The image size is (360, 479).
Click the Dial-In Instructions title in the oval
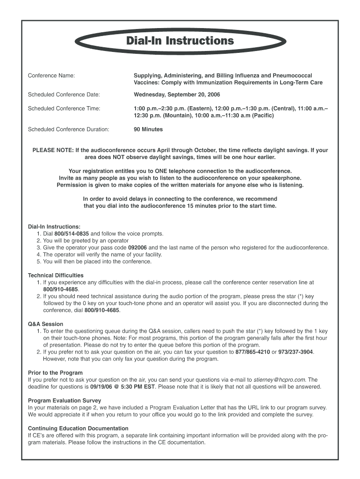[180, 41]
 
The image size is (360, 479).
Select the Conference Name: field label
[51, 75]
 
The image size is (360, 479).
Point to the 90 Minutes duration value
[148, 129]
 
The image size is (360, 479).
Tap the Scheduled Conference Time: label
[64, 109]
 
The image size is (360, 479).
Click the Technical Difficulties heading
[56, 276]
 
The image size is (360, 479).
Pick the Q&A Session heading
[45, 324]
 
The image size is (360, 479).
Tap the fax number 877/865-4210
[252, 352]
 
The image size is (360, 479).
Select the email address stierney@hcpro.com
[280, 380]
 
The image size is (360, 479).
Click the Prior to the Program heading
[55, 373]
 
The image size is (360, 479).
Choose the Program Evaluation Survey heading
[65, 400]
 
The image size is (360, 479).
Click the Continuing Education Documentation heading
[78, 428]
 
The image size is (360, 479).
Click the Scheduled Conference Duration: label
[68, 129]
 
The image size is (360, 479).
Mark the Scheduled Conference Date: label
[64, 94]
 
